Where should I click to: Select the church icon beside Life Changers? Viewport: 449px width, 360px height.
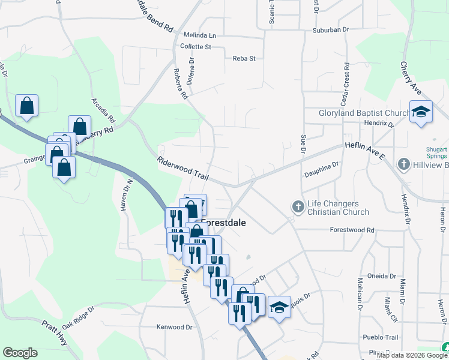click(298, 207)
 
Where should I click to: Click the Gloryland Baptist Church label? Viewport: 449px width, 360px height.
click(364, 113)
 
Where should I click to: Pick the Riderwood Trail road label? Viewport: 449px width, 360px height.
click(182, 169)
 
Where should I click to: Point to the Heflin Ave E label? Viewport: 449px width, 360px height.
click(364, 150)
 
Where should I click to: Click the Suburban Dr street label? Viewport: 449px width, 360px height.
click(331, 29)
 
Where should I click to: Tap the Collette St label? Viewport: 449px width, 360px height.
click(196, 46)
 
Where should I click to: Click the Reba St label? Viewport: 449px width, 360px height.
click(244, 58)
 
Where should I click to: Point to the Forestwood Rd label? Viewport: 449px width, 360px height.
click(352, 230)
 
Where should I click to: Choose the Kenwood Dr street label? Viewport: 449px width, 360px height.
click(174, 327)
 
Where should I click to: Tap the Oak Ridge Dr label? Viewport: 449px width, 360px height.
click(78, 317)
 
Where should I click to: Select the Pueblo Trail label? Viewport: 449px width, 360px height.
click(381, 337)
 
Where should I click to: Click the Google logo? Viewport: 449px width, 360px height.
click(20, 353)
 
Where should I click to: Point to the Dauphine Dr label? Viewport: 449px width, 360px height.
click(322, 169)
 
